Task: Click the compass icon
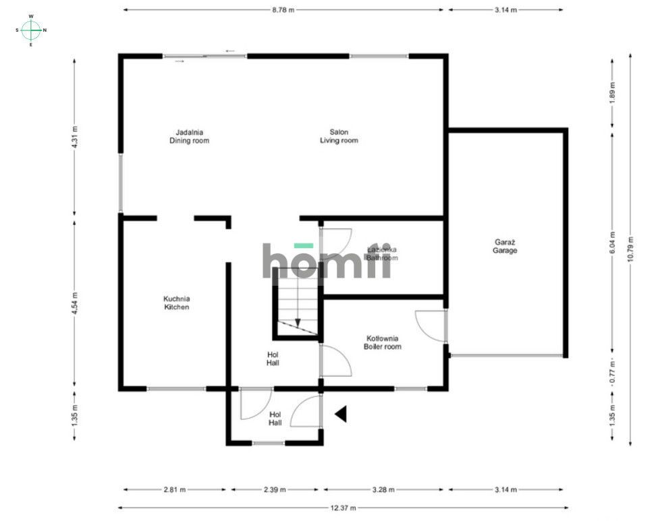point(31,30)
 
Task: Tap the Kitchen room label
point(177,303)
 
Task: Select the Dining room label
point(189,136)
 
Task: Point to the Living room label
point(339,136)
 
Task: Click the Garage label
point(504,246)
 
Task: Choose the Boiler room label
point(383,342)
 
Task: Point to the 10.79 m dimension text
point(630,249)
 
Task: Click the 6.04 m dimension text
point(611,243)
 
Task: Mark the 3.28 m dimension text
point(383,490)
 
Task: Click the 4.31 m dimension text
point(74,137)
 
